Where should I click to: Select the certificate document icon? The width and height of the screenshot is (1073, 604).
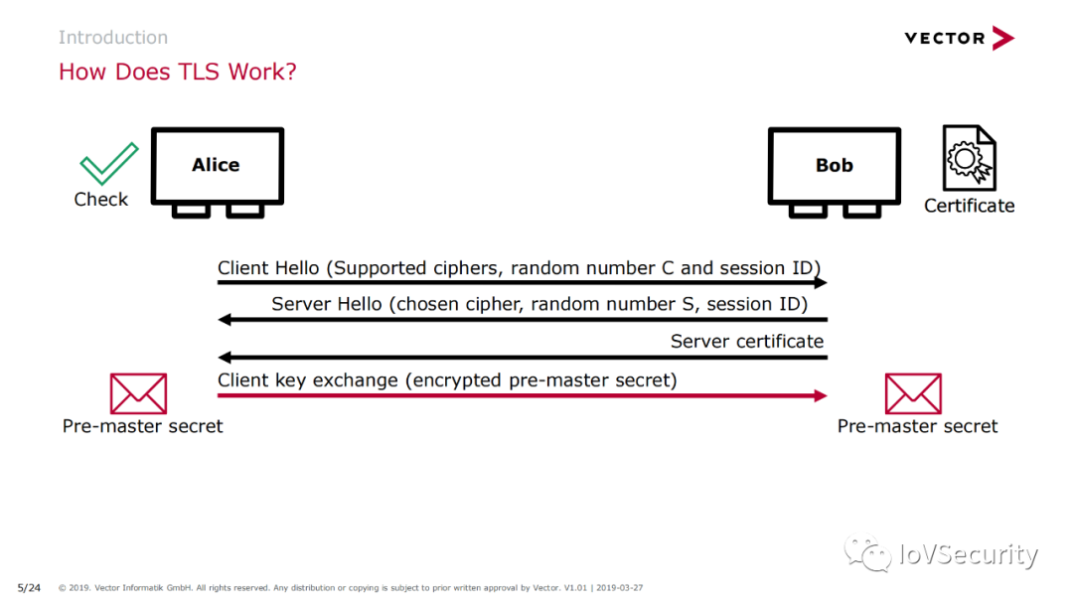[x=969, y=157]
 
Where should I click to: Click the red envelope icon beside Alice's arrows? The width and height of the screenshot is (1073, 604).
[x=138, y=393]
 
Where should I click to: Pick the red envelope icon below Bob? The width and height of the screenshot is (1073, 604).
[x=913, y=393]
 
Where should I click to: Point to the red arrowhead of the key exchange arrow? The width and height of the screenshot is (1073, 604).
[x=821, y=395]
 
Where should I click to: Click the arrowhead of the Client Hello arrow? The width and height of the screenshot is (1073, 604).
[x=821, y=282]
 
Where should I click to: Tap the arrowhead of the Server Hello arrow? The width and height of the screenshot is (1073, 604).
[x=225, y=320]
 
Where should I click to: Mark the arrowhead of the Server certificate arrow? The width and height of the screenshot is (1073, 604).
[x=225, y=357]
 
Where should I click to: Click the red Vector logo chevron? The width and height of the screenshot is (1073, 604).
[x=1003, y=39]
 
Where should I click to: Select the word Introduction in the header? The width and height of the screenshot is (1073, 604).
[x=113, y=37]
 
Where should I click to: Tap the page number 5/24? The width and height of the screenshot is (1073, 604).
[x=29, y=587]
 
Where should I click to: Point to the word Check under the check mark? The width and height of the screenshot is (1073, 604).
[x=100, y=199]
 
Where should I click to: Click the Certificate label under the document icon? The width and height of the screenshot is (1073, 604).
[x=969, y=206]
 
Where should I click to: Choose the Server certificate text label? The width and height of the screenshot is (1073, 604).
[x=746, y=341]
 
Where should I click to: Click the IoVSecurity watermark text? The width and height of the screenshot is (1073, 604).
[x=969, y=554]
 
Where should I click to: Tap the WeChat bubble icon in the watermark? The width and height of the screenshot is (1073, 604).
[x=867, y=552]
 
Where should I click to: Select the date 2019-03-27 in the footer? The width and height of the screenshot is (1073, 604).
[x=619, y=587]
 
